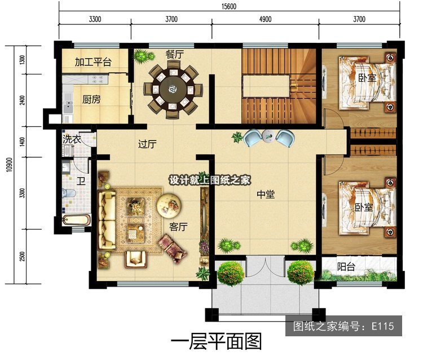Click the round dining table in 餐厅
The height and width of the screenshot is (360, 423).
173,89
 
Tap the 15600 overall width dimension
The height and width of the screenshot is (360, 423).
229,6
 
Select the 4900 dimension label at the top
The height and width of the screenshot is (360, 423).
265,19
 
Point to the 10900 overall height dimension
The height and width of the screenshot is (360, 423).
10,165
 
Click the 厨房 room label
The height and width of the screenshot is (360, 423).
91,99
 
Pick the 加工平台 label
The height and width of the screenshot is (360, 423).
93,62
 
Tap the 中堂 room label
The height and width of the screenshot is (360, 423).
266,194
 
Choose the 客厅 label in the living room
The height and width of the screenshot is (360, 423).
178,227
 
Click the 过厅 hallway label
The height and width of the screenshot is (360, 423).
147,144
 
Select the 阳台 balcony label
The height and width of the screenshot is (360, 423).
346,267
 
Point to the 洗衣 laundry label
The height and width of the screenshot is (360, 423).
72,139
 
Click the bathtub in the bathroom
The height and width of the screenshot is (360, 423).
76,220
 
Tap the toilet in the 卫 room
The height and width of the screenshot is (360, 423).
69,193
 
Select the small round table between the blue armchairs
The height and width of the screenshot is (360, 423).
268,136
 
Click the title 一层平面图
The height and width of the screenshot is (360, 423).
217,341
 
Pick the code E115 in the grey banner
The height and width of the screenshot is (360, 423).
383,326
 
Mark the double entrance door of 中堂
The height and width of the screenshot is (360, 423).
266,267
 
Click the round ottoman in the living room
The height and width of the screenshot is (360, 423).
169,205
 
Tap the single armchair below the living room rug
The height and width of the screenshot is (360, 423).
135,259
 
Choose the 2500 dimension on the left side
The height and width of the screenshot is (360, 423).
23,256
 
